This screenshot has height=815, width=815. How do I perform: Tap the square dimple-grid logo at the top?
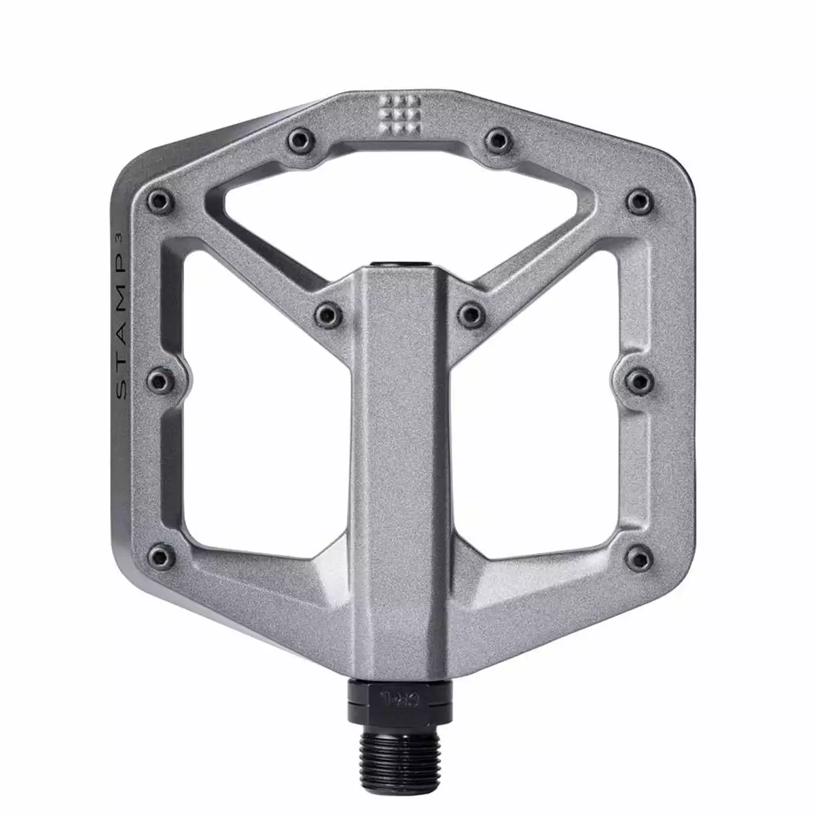pos(399,113)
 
